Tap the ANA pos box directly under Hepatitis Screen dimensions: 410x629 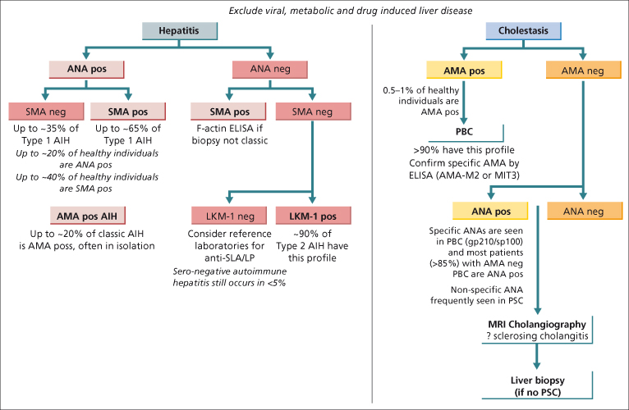click(80, 70)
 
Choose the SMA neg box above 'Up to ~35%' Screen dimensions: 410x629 click(43, 112)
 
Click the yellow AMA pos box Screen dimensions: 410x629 click(466, 71)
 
